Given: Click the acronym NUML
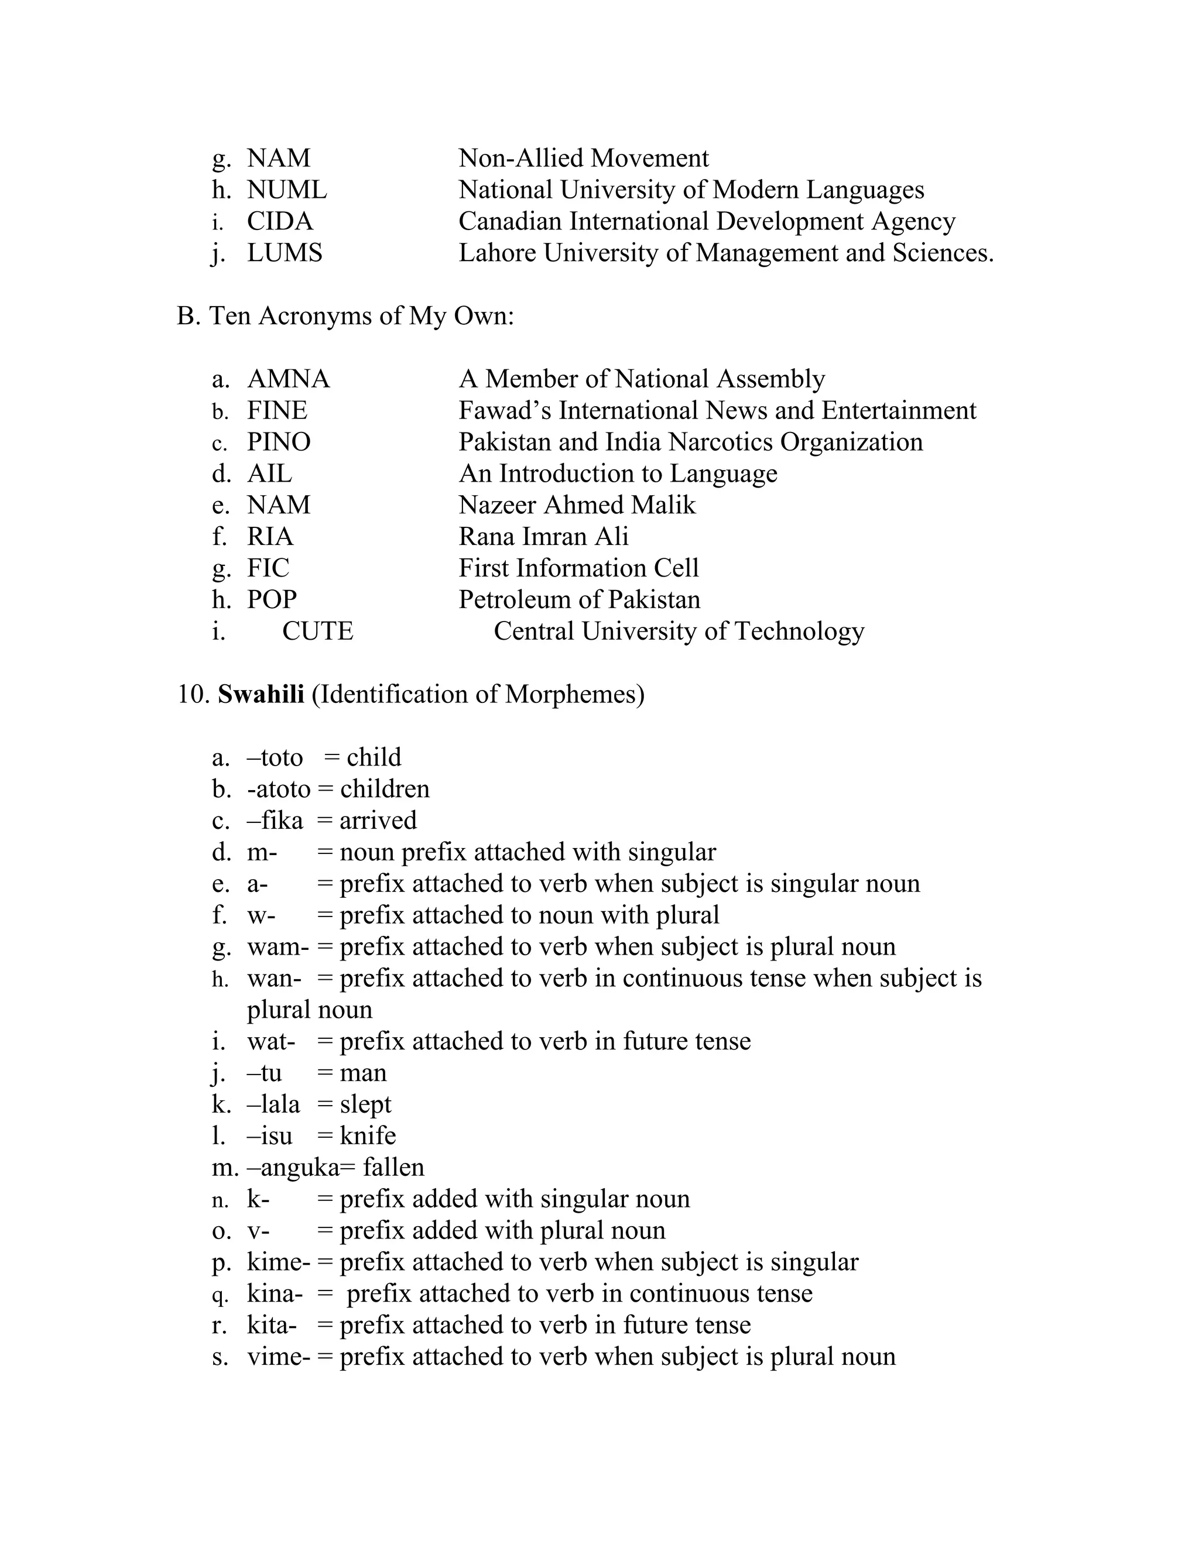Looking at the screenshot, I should click(x=286, y=190).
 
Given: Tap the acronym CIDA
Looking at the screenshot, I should click(x=279, y=222).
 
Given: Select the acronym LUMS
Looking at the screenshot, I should click(x=284, y=253).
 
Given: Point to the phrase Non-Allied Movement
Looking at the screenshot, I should click(x=583, y=159).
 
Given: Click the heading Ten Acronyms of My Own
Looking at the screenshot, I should click(x=360, y=316).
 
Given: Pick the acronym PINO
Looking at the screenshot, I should click(x=279, y=442).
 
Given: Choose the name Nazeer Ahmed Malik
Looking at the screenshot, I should click(x=577, y=506).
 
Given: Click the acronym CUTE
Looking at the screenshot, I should click(x=317, y=632).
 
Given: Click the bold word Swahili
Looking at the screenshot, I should click(x=261, y=695).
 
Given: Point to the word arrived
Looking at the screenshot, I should click(x=378, y=821).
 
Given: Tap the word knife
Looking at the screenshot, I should click(x=367, y=1136).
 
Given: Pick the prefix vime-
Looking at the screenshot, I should click(x=279, y=1357).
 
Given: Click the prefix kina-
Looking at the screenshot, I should click(x=274, y=1294).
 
